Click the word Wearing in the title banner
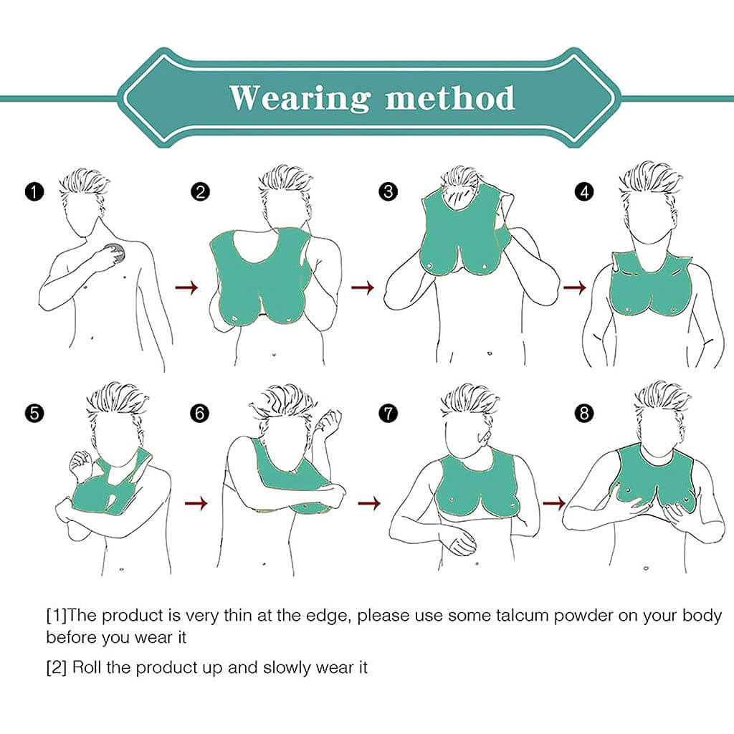[299, 98]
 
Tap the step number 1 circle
[34, 192]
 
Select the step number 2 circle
[201, 192]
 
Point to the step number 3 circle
[388, 191]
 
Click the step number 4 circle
[584, 191]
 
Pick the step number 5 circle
[34, 414]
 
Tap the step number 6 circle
[201, 414]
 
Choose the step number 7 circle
[388, 414]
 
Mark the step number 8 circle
[584, 414]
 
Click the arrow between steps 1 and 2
[186, 287]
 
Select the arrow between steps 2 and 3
[363, 287]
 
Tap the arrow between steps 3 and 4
[574, 287]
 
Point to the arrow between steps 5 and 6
[196, 504]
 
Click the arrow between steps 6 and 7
[369, 503]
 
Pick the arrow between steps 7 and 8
[554, 504]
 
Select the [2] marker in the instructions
[56, 667]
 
